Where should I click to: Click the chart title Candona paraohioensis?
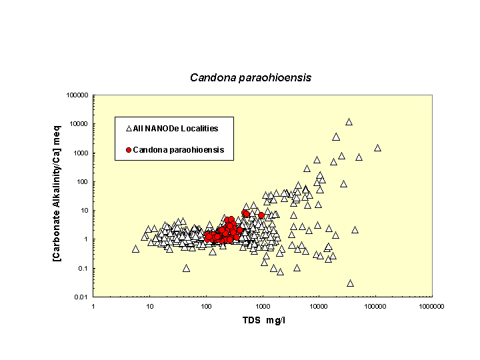tap(251, 77)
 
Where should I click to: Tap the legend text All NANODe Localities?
tap(175, 128)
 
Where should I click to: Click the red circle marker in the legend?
tap(128, 150)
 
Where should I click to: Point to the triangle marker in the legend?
tap(128, 128)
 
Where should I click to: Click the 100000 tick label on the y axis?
tap(77, 95)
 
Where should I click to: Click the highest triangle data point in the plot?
tap(349, 122)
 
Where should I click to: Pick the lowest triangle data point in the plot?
tap(350, 283)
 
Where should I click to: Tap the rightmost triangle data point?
tap(377, 148)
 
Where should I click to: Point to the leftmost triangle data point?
tap(136, 249)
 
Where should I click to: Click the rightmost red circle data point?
tap(261, 216)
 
